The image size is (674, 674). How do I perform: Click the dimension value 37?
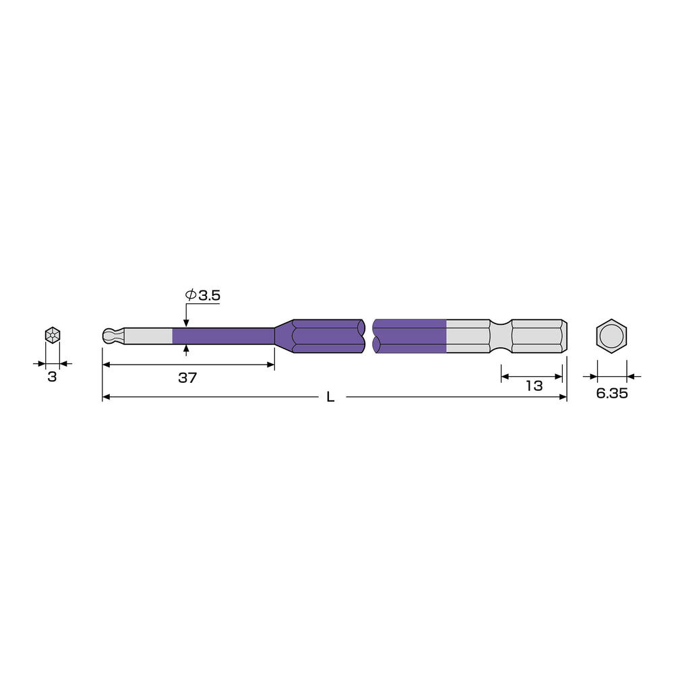(187, 378)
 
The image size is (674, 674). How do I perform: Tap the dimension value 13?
(534, 386)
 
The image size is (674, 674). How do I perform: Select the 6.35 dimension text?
(612, 393)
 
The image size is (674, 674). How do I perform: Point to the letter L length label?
(330, 397)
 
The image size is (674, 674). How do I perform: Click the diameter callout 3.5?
(203, 295)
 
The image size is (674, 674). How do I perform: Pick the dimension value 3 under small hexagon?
(52, 377)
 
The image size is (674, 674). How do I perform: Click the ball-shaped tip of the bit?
(109, 336)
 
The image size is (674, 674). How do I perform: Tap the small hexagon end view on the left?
(53, 335)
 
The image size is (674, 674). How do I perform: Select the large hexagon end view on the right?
(611, 336)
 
